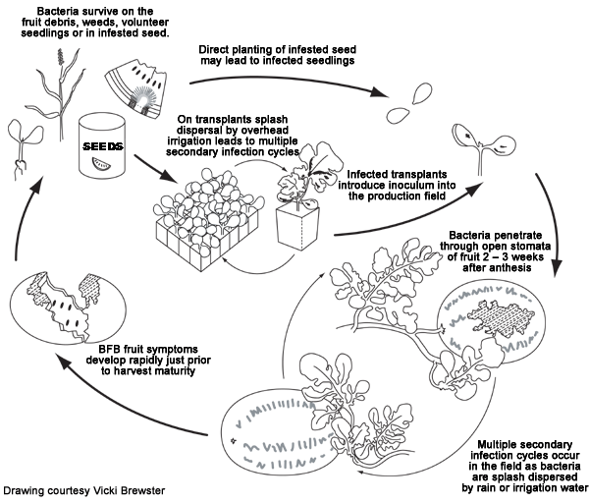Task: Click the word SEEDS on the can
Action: click(102, 145)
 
